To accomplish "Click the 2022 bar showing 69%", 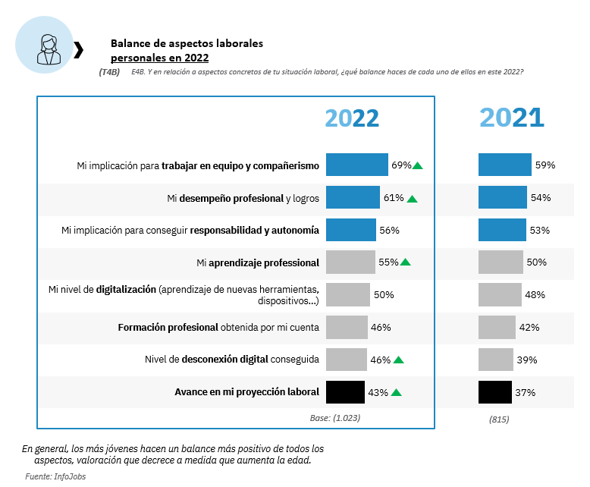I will click(x=357, y=165).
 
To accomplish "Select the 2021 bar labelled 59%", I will click(x=505, y=165).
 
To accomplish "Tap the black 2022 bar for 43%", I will click(x=345, y=392).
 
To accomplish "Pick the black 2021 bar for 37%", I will click(x=494, y=392).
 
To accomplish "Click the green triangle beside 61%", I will click(x=412, y=199).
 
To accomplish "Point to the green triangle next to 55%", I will click(x=405, y=262).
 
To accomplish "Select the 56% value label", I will click(x=389, y=230).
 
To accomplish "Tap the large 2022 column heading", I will click(x=352, y=118).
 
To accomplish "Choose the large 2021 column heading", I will click(x=512, y=118).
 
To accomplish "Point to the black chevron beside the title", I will click(x=78, y=50).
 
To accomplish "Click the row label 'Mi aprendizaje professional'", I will click(x=258, y=262).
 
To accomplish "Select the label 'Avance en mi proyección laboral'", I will click(x=246, y=392).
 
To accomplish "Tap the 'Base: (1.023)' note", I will click(x=334, y=418).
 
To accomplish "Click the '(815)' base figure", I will click(x=499, y=419).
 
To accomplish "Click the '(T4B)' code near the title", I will click(x=109, y=71).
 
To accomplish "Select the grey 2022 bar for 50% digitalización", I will click(x=347, y=294).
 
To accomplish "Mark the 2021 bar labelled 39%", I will click(x=496, y=360).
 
